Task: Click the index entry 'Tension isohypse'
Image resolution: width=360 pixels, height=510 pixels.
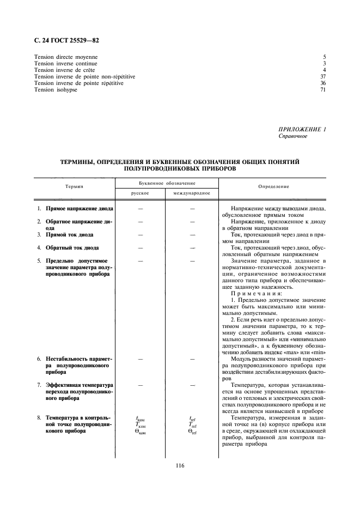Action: pos(56,90)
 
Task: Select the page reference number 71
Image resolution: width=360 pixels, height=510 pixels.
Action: pos(323,90)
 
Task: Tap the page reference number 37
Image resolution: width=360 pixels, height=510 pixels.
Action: pos(323,77)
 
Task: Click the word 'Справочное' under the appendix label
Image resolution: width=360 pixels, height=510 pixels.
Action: pos(292,136)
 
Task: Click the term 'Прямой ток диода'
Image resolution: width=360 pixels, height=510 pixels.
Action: pos(70,235)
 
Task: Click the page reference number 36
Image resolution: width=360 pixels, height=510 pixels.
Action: pos(323,83)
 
